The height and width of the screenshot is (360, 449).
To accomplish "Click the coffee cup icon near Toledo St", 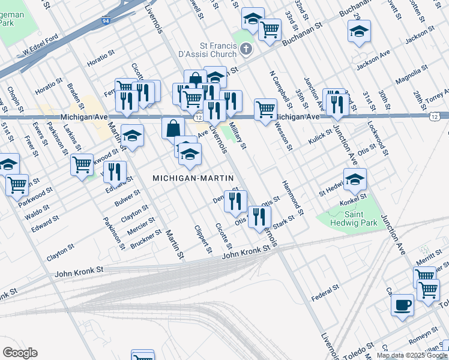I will pos(402,304).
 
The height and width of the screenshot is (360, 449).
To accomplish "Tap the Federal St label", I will pos(326,294).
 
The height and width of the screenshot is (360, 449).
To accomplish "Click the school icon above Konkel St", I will pos(355,178).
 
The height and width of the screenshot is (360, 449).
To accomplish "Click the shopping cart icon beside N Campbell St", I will pos(265,109).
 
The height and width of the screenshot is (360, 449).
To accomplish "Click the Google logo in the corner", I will pos(20,353).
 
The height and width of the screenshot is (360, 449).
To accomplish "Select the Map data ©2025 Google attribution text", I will pos(412,355).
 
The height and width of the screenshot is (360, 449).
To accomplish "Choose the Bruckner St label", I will pos(146,238).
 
